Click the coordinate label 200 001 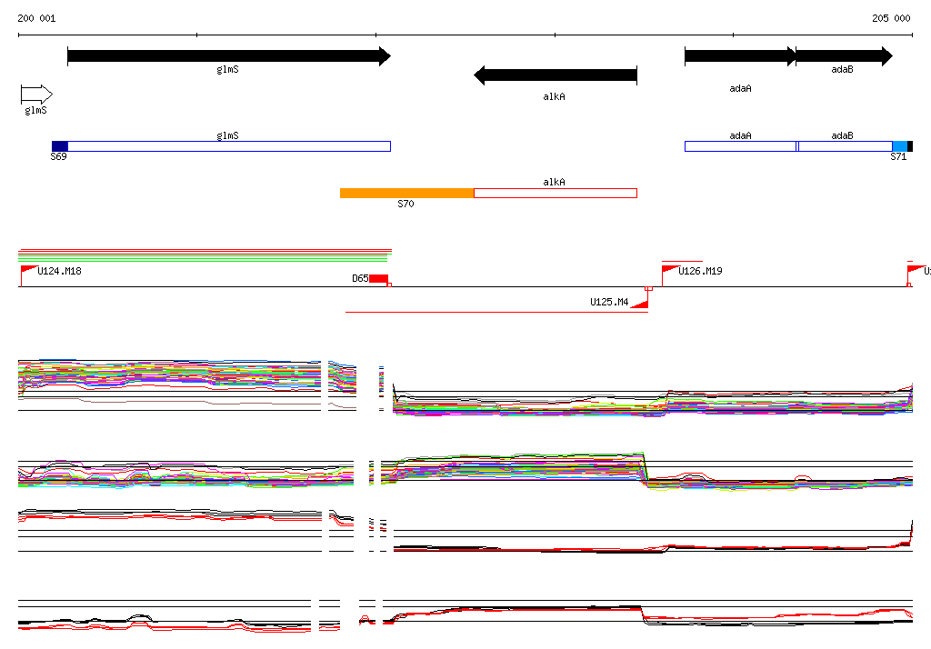36,18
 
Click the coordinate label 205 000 891,18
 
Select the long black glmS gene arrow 228,56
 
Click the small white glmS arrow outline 36,95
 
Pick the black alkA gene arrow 556,75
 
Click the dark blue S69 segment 59,146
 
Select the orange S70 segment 406,193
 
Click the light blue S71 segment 899,146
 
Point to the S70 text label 405,205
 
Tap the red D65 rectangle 378,278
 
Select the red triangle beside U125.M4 640,304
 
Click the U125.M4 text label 609,302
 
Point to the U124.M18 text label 60,271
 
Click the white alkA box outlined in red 556,193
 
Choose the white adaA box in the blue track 740,146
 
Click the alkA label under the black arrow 555,95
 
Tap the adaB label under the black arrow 842,69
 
